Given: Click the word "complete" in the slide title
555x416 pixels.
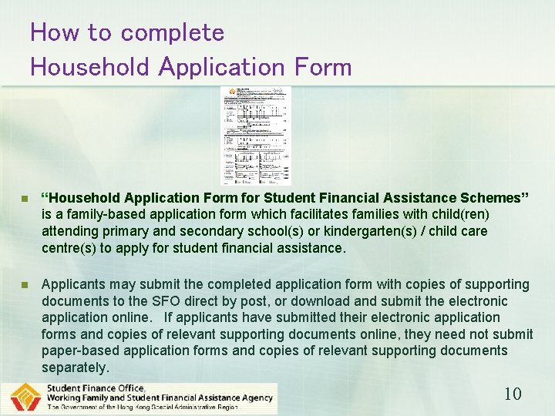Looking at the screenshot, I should (x=173, y=33).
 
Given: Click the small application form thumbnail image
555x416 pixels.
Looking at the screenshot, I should (x=256, y=135).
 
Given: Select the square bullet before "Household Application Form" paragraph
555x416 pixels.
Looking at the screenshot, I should (x=25, y=198).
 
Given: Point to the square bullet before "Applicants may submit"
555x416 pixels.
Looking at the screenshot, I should (x=25, y=284).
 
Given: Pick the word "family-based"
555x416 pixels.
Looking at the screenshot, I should (x=93, y=214).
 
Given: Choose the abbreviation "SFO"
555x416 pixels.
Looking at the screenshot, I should (x=173, y=301).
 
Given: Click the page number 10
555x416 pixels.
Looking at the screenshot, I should (x=513, y=394).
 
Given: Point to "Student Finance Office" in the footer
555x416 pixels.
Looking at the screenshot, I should (x=96, y=388).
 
